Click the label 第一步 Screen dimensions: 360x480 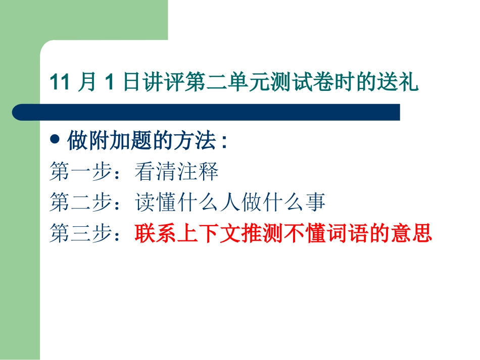[81, 172]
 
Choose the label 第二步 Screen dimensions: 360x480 [81, 203]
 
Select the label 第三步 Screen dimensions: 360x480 [81, 234]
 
